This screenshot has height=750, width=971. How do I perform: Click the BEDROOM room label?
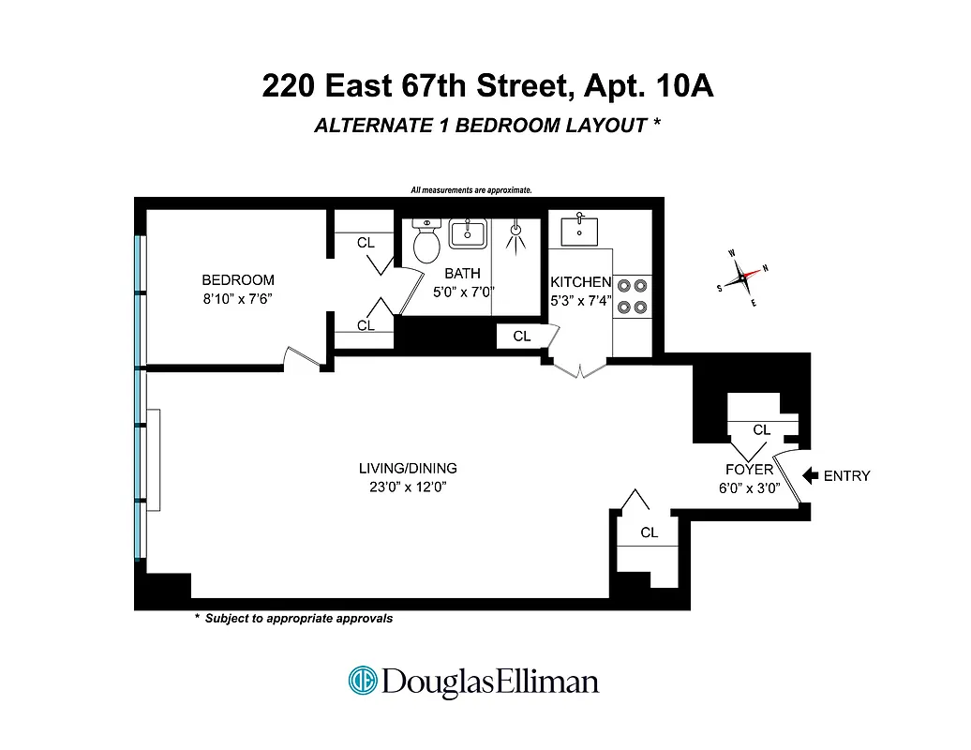coord(238,279)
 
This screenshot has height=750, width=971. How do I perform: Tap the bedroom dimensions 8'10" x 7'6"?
coord(238,297)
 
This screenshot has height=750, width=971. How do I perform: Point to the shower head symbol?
coord(515,235)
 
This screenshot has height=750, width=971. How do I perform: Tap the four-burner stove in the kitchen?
coord(632,294)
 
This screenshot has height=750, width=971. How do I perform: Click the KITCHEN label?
coord(580,282)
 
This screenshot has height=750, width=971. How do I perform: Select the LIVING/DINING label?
coord(408,469)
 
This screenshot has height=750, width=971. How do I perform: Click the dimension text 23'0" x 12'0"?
coord(408,487)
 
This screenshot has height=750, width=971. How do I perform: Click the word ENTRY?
coord(846,476)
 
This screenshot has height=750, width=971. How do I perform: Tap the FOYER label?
coord(749,470)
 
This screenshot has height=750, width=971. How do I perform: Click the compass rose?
coord(741,277)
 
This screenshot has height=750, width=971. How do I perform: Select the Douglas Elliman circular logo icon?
coord(363,681)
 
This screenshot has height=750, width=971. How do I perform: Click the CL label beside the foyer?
coord(762,429)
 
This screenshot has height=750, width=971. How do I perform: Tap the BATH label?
coord(462,273)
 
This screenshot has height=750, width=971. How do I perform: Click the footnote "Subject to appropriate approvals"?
coord(298,619)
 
